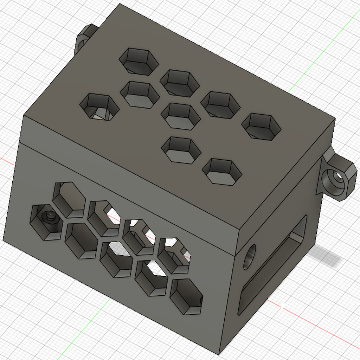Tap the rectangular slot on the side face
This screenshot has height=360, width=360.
coord(272,265)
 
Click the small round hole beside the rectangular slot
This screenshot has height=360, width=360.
coord(249,257)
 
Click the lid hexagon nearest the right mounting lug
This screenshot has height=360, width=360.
coord(261,126)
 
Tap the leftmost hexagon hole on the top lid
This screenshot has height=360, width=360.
coord(99,107)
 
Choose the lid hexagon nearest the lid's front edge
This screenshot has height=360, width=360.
coord(222,172)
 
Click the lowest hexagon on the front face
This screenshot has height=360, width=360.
coord(186,296)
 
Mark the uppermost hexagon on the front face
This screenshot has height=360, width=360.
coord(69,199)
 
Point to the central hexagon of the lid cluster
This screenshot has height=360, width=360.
coord(180,116)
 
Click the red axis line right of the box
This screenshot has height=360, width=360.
coord(316,323)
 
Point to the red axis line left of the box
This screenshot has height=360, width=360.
coord(7,160)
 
